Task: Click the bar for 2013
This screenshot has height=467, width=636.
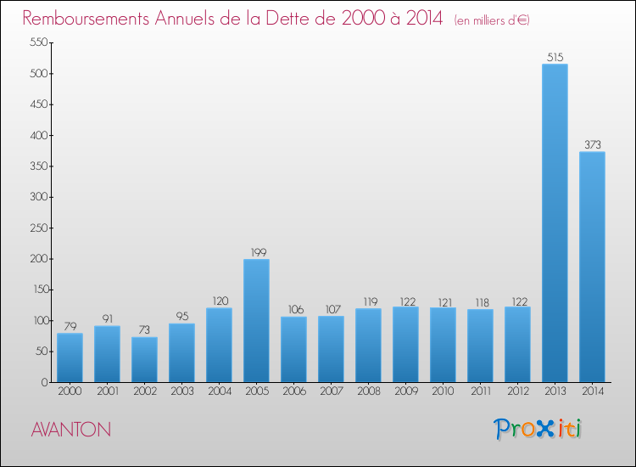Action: (x=555, y=223)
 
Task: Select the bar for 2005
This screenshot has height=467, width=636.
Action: (x=256, y=321)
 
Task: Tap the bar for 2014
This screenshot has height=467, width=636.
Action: (x=592, y=267)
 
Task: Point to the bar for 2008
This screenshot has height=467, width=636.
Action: (x=368, y=346)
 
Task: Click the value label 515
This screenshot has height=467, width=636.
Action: (x=555, y=57)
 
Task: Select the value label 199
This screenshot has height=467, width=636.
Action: (x=256, y=252)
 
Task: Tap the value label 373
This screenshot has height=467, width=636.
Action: (x=592, y=144)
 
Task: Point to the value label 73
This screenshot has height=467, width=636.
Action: (x=144, y=330)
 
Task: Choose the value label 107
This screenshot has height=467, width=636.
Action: (x=331, y=309)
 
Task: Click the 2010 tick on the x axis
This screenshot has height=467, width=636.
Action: (x=443, y=391)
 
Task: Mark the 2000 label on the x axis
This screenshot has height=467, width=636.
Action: (x=70, y=391)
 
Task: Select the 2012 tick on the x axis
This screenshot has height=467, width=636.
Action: (x=517, y=391)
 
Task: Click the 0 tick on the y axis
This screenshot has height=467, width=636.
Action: (x=42, y=382)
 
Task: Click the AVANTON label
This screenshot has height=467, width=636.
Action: (x=70, y=430)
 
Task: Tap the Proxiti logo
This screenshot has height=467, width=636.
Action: (x=538, y=429)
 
